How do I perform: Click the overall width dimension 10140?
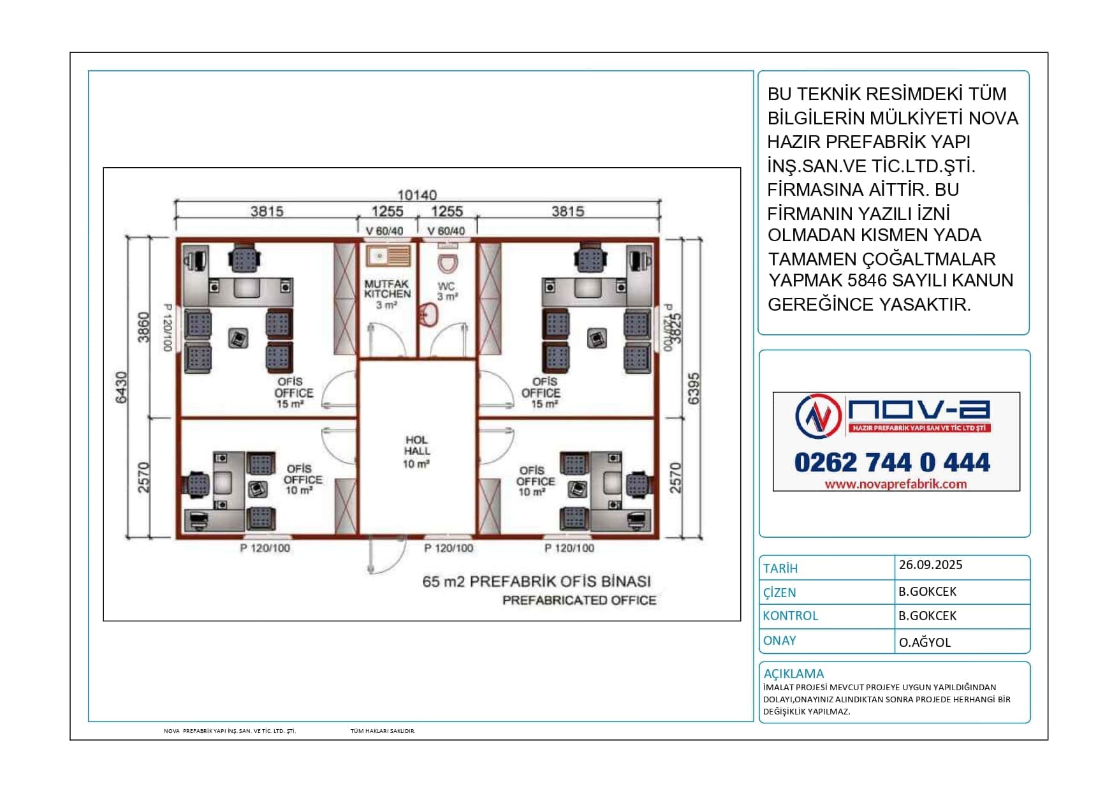tap(417, 195)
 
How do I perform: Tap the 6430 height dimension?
tap(121, 387)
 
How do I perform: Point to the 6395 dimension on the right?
tap(694, 388)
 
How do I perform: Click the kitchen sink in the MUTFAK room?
tap(388, 256)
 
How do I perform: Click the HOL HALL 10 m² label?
tap(416, 452)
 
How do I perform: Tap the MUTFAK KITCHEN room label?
tap(388, 294)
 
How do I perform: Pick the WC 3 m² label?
tap(447, 292)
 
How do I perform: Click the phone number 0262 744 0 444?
tap(892, 462)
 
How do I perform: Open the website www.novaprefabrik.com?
tap(895, 484)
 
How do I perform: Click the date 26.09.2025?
tap(930, 565)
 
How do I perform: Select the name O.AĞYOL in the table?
tap(925, 642)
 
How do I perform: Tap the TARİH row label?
tap(780, 568)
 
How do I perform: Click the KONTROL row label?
tap(790, 616)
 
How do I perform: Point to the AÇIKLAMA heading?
tap(794, 674)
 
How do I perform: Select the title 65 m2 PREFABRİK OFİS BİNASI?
tap(537, 582)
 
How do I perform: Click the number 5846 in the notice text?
tap(867, 280)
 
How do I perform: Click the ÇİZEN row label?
tap(780, 593)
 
